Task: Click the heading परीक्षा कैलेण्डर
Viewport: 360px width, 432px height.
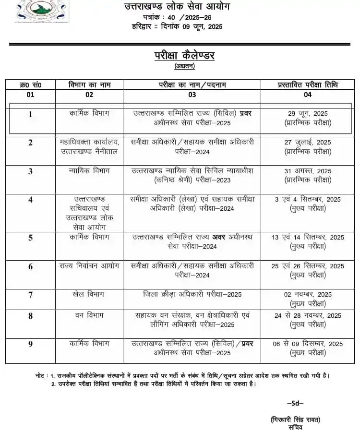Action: tap(184, 56)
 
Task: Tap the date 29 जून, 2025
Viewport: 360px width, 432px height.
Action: tap(308, 114)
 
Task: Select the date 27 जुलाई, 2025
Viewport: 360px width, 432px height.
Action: tap(308, 142)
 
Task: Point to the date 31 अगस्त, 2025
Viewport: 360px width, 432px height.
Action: tap(308, 171)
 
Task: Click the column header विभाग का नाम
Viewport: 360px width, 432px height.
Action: tap(89, 84)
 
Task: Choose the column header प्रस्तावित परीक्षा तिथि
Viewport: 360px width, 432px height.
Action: tap(308, 84)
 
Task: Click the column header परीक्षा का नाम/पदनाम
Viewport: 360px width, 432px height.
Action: tap(192, 84)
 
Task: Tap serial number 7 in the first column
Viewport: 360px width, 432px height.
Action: tap(31, 294)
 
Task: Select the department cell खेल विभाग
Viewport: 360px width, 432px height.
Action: tap(89, 294)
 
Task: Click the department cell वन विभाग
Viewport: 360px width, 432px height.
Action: tap(89, 315)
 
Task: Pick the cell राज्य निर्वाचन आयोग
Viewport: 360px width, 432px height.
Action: tap(89, 265)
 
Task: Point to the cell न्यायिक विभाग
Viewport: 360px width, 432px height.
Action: tap(89, 170)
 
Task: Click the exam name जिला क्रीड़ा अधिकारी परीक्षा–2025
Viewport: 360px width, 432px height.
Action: tap(192, 294)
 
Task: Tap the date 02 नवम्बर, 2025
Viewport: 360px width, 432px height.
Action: tap(308, 294)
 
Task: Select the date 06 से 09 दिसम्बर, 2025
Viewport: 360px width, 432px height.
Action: tap(308, 344)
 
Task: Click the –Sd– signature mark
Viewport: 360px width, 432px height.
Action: tap(295, 403)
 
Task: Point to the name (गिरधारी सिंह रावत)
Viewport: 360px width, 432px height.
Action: tap(295, 420)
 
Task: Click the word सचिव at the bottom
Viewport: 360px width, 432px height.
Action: tap(295, 427)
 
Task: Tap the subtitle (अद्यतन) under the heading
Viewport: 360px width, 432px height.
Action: tap(184, 66)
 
